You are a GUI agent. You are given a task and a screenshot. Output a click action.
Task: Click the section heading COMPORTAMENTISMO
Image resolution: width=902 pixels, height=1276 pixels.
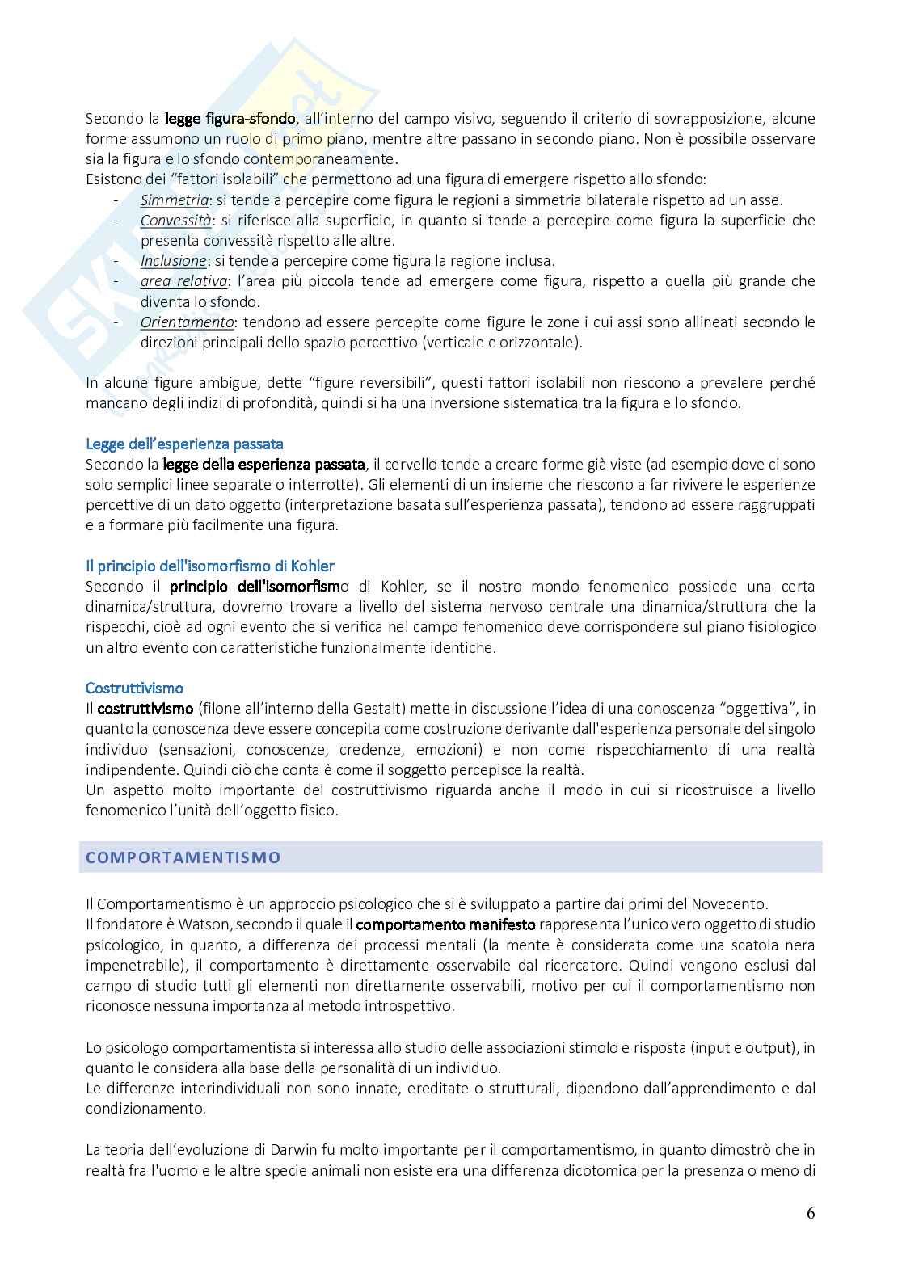click(x=183, y=857)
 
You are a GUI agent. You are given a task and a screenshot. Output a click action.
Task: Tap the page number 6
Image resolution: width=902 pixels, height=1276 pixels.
click(x=810, y=1213)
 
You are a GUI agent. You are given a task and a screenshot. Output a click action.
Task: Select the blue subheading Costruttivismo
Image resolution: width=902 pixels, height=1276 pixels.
click(x=134, y=688)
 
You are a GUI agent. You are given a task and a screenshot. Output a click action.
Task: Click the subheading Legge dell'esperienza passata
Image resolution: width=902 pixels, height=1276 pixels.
click(x=184, y=444)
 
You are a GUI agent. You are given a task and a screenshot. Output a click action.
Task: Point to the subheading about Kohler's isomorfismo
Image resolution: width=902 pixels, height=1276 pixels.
click(x=209, y=566)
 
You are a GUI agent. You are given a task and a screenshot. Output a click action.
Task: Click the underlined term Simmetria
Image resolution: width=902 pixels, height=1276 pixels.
click(x=174, y=200)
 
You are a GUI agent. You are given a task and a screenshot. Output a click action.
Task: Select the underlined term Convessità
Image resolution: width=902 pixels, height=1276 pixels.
click(x=175, y=221)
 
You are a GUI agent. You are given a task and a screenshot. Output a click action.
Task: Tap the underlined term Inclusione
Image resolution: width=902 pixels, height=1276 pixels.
click(x=173, y=261)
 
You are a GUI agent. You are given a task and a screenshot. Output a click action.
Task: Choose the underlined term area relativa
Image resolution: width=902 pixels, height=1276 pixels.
click(x=183, y=281)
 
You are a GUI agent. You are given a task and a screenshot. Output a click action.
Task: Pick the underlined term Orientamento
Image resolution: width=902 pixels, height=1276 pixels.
click(x=186, y=322)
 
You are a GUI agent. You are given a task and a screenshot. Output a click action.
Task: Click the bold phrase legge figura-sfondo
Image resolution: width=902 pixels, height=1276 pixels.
click(x=230, y=119)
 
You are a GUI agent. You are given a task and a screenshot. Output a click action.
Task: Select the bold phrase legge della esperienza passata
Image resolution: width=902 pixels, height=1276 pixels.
click(x=263, y=465)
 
